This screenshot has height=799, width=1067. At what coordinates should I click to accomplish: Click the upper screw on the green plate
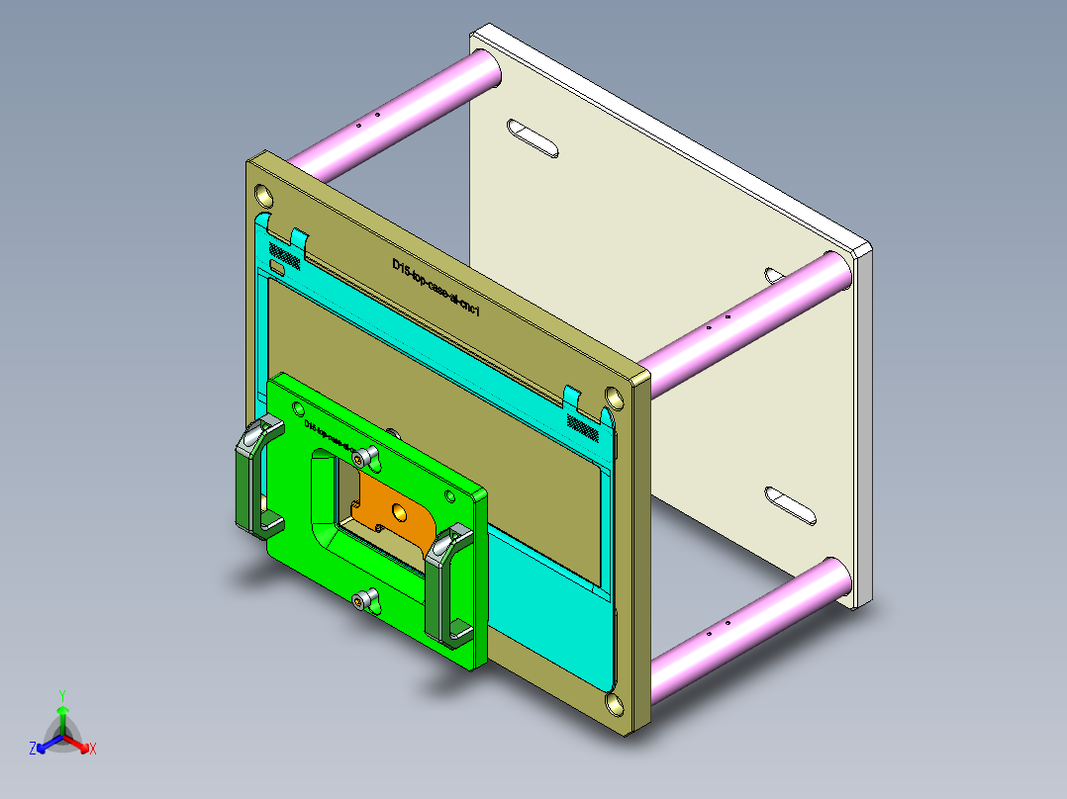tap(369, 456)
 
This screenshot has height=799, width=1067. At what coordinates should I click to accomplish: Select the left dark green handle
tap(248, 475)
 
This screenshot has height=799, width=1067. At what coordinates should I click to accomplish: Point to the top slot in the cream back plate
tap(533, 138)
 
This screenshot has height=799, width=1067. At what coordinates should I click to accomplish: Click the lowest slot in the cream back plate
tap(791, 505)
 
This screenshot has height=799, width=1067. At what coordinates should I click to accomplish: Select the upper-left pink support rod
tap(396, 114)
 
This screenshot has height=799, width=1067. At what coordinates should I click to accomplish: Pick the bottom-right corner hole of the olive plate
tap(616, 704)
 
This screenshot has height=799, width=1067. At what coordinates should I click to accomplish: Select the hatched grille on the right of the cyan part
tap(583, 425)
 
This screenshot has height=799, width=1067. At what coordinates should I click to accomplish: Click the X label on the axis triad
tap(92, 750)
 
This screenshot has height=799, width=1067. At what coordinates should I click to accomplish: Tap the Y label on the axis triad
tap(61, 695)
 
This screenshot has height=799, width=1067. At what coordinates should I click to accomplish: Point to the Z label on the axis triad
tap(33, 749)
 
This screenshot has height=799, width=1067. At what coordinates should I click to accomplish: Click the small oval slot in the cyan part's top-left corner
tap(278, 267)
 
